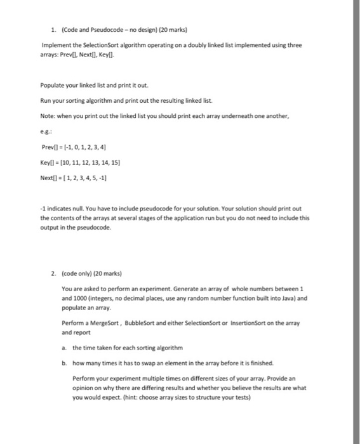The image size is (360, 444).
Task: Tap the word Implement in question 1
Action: pos(55,46)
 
